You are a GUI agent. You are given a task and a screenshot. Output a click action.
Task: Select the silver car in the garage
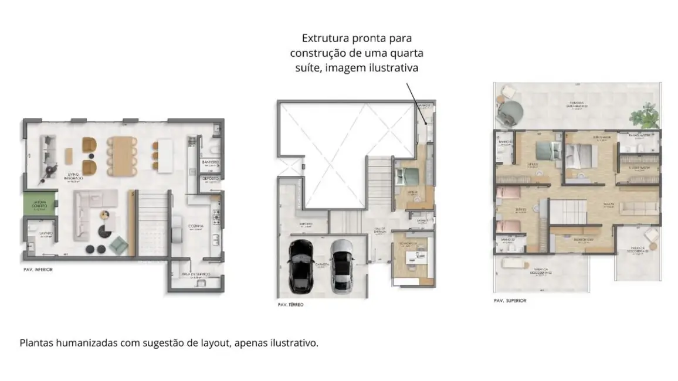click(x=342, y=266)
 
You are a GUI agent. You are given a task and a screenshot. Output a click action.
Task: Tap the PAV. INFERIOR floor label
click(x=37, y=270)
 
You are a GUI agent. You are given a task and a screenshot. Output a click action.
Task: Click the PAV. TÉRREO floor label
click(x=290, y=305)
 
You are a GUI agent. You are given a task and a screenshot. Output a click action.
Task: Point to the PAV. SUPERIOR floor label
click(x=510, y=300)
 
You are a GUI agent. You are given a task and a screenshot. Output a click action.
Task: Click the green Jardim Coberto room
click(x=39, y=204)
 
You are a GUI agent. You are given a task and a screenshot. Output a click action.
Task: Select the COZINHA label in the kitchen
click(x=196, y=225)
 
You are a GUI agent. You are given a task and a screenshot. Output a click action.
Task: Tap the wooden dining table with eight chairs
click(x=123, y=154)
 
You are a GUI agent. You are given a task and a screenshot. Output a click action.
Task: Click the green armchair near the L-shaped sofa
click(x=118, y=244)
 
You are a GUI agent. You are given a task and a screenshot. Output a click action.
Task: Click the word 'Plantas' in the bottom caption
click(x=36, y=343)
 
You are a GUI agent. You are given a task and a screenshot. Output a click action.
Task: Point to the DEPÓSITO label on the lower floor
click(x=211, y=178)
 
